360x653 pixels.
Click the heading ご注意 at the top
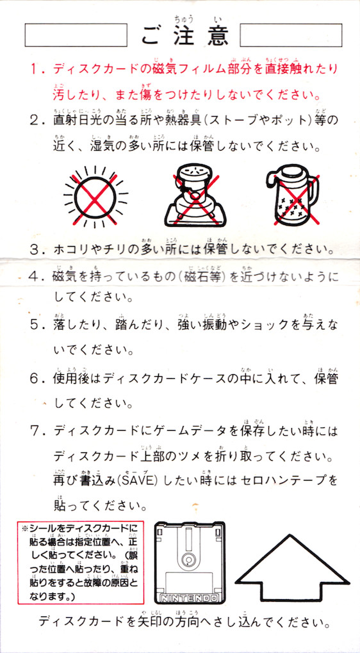[x=184, y=35]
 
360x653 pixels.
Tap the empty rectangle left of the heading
[x=76, y=35]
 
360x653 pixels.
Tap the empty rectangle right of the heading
[x=291, y=35]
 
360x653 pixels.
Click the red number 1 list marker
[x=35, y=69]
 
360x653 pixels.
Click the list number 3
[x=36, y=250]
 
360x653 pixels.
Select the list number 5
[x=36, y=324]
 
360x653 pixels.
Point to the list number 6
[x=36, y=379]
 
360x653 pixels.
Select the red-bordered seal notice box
[x=80, y=562]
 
